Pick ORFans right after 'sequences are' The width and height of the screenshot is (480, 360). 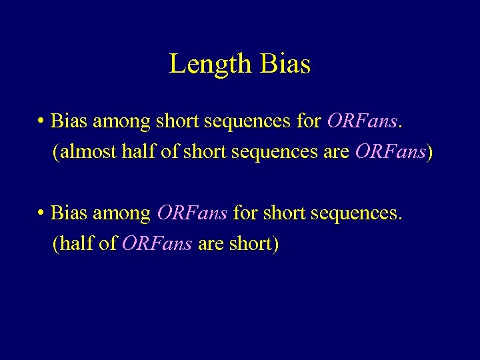390,153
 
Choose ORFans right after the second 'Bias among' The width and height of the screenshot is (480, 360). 192,213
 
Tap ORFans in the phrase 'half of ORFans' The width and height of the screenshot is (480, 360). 157,245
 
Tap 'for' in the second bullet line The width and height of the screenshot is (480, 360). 245,213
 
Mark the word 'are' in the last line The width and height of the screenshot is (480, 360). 211,245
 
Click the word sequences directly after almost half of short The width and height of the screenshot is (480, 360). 276,153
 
